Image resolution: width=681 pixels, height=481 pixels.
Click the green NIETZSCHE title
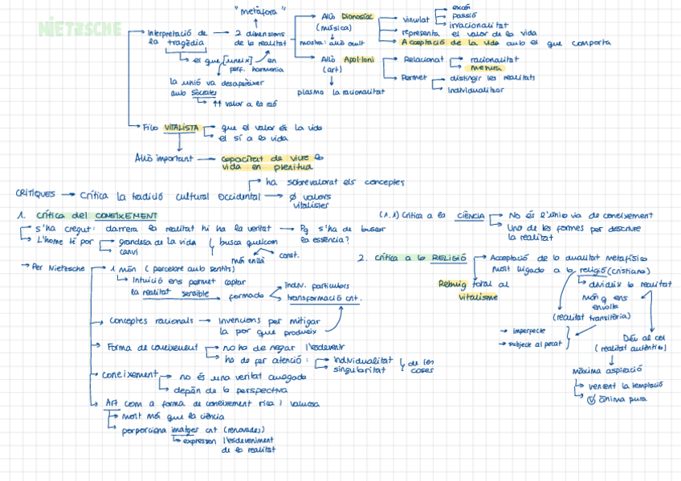pos(80,29)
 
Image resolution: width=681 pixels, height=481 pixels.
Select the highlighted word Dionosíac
pos(357,16)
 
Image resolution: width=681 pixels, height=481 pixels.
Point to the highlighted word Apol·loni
pos(358,59)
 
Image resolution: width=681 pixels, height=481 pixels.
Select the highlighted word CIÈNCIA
pos(470,215)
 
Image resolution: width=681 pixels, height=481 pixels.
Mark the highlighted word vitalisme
pos(479,296)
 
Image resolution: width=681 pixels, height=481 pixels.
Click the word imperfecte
pos(526,330)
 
